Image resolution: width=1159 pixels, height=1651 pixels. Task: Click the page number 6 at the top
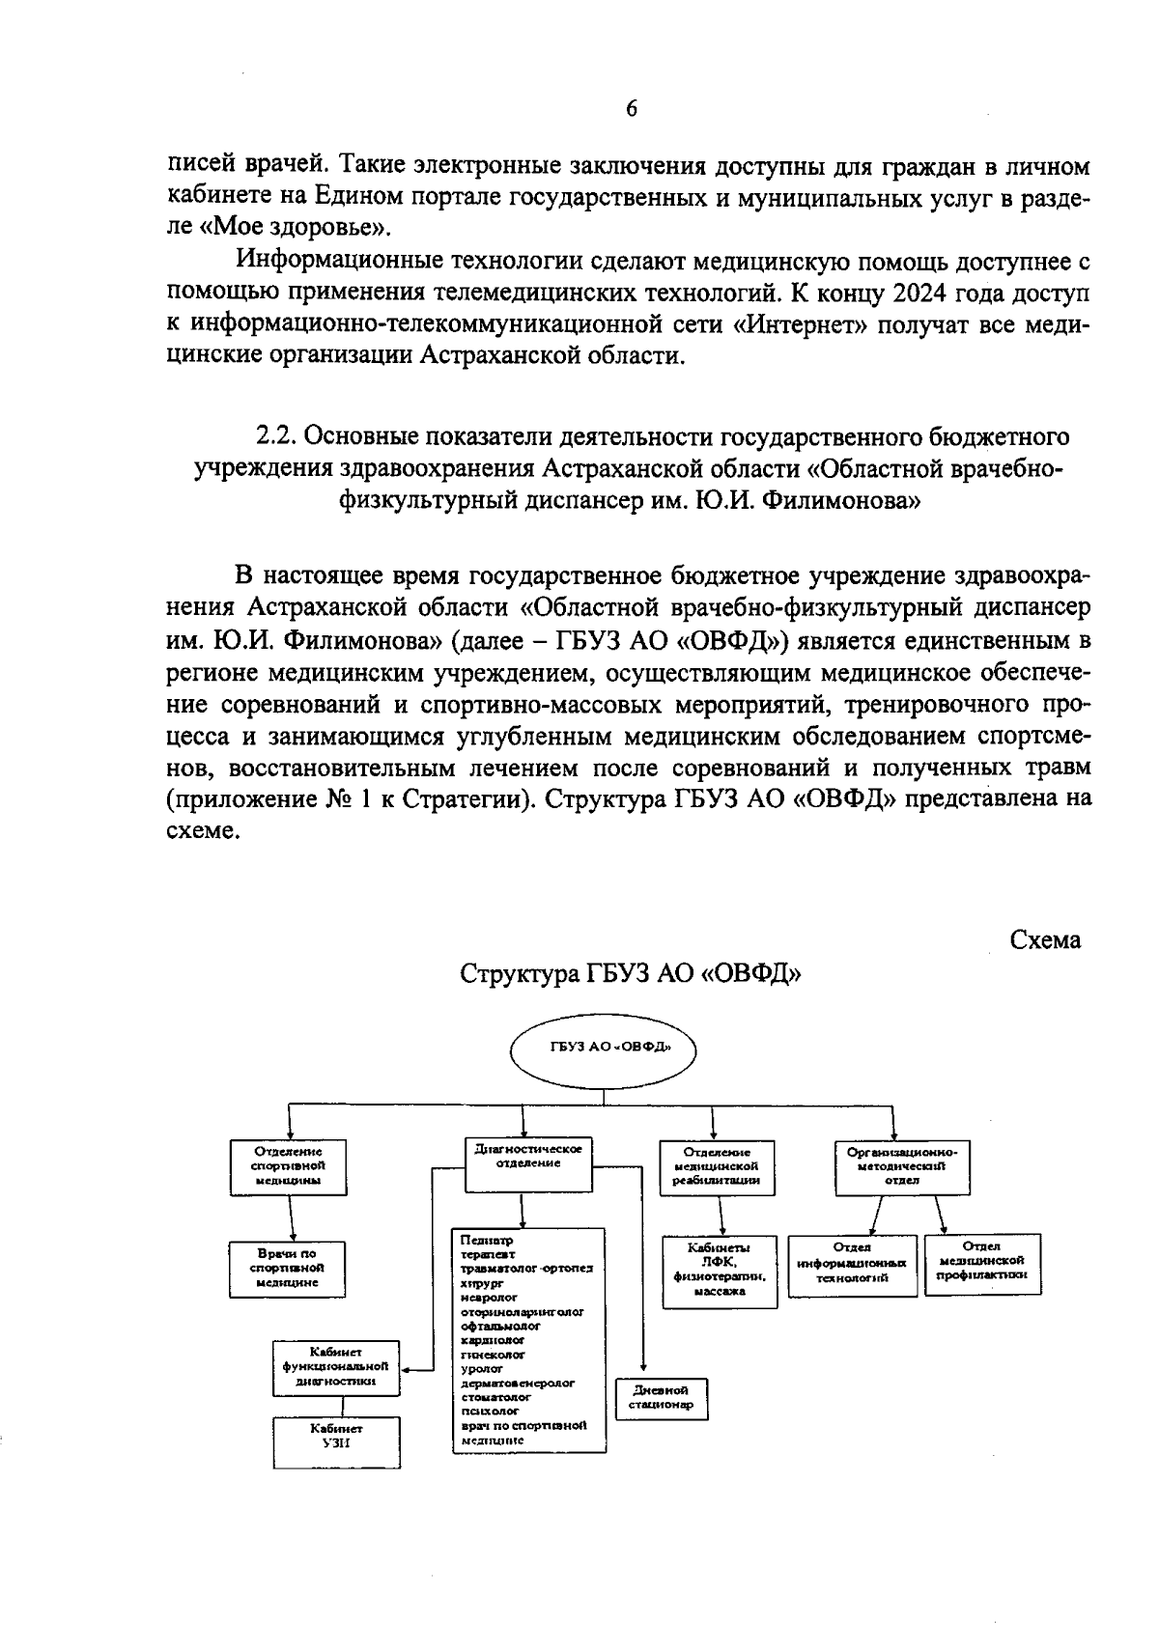631,108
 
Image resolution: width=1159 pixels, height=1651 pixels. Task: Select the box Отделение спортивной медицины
288,1166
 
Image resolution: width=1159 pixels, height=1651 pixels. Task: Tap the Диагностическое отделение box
527,1162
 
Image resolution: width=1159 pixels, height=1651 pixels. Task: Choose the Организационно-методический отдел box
901,1166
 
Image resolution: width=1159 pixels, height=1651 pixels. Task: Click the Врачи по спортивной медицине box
288,1268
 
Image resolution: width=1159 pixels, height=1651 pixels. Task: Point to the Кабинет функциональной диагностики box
335,1367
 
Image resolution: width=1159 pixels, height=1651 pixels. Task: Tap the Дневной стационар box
662,1398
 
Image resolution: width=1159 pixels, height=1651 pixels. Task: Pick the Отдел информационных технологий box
852,1263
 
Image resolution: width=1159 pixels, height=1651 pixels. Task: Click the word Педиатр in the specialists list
480,1240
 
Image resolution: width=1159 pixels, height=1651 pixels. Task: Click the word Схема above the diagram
1045,939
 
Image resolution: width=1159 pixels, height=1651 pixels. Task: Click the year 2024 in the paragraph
925,293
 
